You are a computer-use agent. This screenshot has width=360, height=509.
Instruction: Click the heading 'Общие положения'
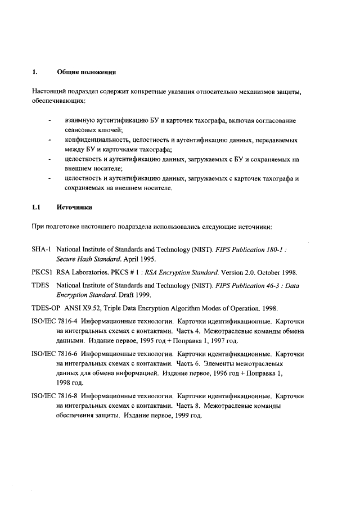coord(86,72)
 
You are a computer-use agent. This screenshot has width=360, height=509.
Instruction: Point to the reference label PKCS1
coord(43,272)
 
